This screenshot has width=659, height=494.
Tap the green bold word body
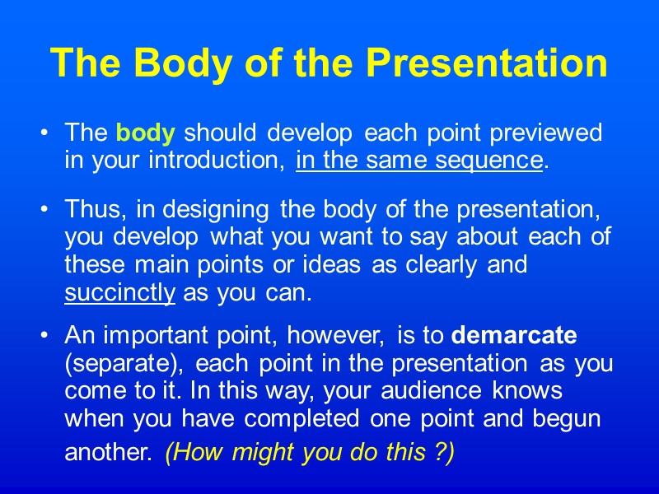click(x=146, y=133)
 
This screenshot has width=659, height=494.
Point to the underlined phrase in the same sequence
click(x=419, y=161)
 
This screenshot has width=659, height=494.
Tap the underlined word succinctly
click(x=119, y=294)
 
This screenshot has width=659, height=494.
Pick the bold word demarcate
click(x=515, y=336)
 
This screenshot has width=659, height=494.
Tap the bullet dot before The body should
click(x=49, y=133)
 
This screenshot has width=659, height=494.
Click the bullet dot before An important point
click(x=49, y=336)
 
